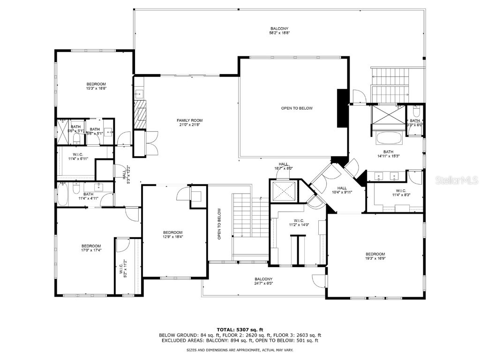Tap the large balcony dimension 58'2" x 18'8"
pyautogui.click(x=279, y=33)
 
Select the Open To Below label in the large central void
pyautogui.click(x=296, y=108)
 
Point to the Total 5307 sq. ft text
pyautogui.click(x=240, y=329)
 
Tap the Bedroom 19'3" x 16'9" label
pyautogui.click(x=375, y=256)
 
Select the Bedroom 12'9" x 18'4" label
pyautogui.click(x=172, y=235)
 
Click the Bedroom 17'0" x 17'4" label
pyautogui.click(x=91, y=248)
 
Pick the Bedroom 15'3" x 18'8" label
pyautogui.click(x=96, y=86)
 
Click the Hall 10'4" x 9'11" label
pyautogui.click(x=342, y=190)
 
